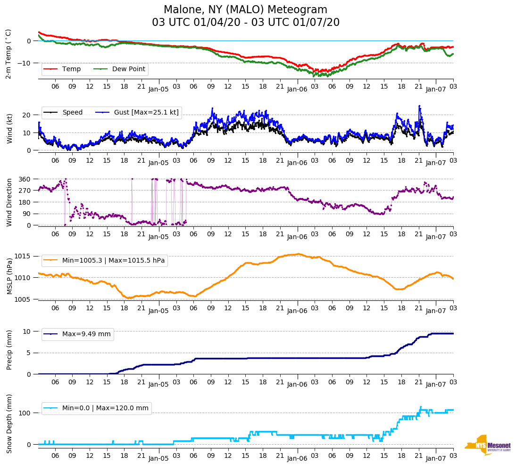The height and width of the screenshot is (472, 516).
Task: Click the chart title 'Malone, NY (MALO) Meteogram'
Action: coord(245,10)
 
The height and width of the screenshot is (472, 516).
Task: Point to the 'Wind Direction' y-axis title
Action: coord(9,202)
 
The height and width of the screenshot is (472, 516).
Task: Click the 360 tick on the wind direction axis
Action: coord(25,179)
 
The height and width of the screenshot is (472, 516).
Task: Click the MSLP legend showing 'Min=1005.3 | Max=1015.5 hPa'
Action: coord(113,261)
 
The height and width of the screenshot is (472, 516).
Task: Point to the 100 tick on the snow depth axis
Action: coord(25,413)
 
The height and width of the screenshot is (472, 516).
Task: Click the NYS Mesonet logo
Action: coord(488,445)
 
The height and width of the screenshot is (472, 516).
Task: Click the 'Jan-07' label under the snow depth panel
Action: coord(436,458)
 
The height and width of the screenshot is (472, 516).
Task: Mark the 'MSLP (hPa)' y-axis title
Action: coord(9,277)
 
